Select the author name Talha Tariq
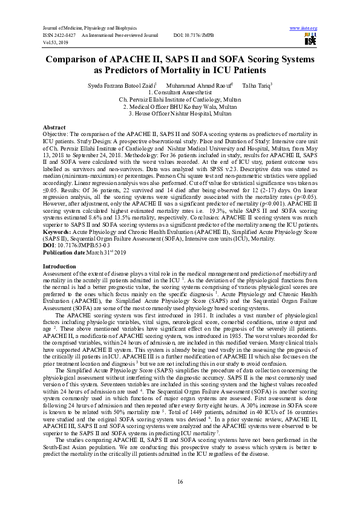pyautogui.click(x=257, y=85)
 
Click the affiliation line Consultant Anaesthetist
pyautogui.click(x=182, y=92)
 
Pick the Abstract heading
pyautogui.click(x=54, y=128)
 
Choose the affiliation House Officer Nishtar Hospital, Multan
pyautogui.click(x=180, y=113)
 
